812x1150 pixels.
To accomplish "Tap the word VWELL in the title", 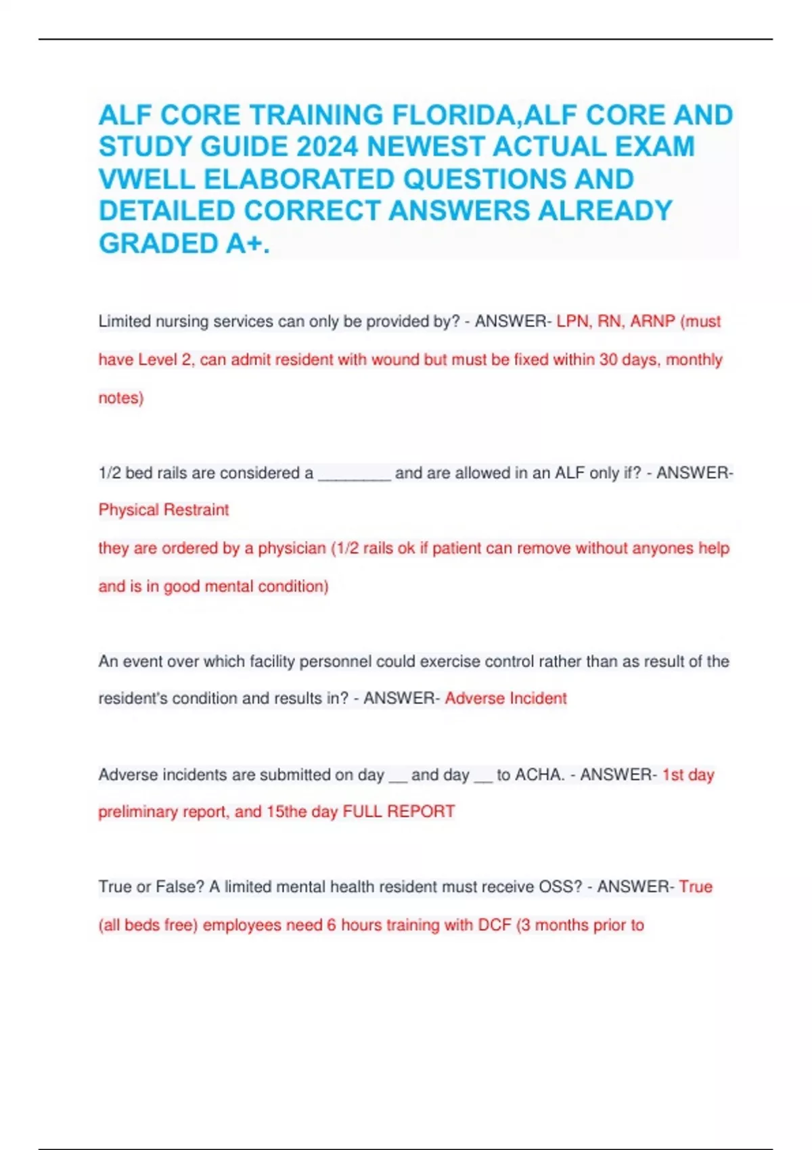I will tap(146, 179).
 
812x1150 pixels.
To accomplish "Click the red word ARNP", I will tap(652, 321).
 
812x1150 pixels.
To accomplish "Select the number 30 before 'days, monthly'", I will tap(608, 359).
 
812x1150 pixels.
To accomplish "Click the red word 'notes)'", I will tap(121, 398).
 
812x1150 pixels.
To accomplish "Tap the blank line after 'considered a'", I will tap(354, 474).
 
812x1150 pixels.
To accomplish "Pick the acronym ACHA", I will tap(539, 775).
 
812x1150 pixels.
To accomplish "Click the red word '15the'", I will tap(288, 811).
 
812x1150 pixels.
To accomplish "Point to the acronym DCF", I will tap(494, 925).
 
